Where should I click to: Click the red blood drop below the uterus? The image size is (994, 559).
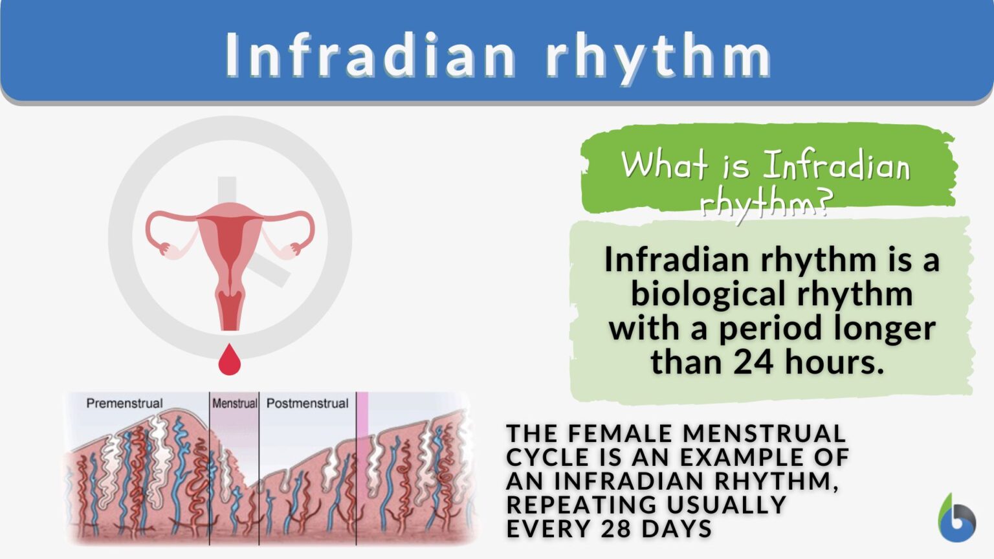coord(230,360)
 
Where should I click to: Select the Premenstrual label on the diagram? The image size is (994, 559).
coord(124,403)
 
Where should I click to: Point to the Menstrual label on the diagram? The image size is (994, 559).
coord(234,403)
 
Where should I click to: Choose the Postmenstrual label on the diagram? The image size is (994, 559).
coord(307,403)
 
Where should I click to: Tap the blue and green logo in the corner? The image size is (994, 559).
coord(956,519)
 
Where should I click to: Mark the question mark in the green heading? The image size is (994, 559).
coord(823,204)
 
